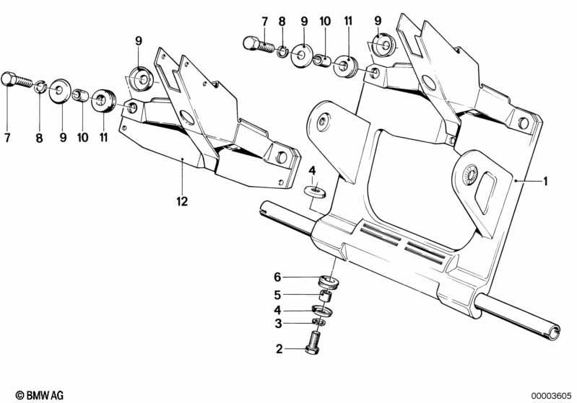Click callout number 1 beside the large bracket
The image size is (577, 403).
546,181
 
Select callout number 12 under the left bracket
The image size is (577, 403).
182,201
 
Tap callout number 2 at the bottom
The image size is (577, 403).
279,349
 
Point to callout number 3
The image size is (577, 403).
279,324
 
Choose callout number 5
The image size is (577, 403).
277,295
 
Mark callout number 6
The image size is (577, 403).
277,277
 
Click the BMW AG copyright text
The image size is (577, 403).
40,395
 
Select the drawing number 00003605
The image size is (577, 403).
551,396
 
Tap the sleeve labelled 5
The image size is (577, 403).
324,296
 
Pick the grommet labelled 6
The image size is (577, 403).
328,282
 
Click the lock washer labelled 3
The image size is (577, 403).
318,322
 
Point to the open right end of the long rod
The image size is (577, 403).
553,331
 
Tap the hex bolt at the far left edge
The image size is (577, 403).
17,81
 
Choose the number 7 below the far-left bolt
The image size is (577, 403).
7,138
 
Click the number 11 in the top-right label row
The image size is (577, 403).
348,21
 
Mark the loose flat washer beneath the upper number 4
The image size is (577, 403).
315,191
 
